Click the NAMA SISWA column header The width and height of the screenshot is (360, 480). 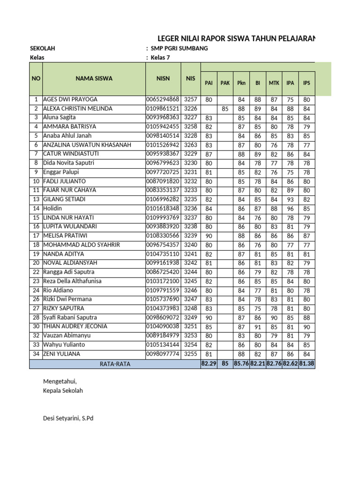click(94, 78)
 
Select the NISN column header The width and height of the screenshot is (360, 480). click(163, 78)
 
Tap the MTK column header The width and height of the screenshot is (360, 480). click(274, 83)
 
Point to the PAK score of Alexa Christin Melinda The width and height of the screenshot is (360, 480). click(225, 109)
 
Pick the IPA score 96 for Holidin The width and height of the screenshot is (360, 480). click(290, 208)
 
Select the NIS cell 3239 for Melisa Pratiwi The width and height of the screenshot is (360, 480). click(190, 236)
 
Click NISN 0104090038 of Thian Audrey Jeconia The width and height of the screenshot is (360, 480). click(163, 326)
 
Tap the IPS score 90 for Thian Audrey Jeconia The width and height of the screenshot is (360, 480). click(307, 326)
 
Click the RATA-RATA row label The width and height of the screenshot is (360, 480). click(115, 364)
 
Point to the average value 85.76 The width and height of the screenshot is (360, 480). click(241, 363)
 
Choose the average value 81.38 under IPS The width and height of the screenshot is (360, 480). click(307, 363)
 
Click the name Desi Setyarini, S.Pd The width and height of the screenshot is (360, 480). click(68, 418)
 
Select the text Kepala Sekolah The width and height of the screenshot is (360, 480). click(63, 390)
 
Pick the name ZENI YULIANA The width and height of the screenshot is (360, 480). click(61, 354)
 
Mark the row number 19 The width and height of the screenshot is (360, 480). click(36, 254)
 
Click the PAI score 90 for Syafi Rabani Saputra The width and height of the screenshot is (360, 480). click(209, 317)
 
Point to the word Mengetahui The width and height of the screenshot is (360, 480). click(59, 382)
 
